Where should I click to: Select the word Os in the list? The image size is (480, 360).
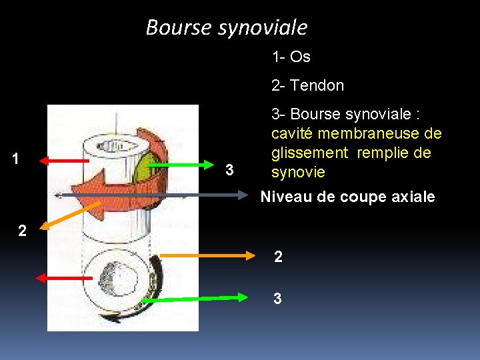(301, 57)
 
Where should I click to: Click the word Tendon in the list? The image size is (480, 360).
(317, 86)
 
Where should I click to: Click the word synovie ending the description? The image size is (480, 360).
(297, 173)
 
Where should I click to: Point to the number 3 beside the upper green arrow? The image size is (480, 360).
(229, 170)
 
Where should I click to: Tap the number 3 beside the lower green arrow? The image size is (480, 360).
(277, 299)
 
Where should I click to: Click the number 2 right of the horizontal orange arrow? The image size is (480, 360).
(277, 256)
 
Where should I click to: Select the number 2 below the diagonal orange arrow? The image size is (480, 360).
(23, 231)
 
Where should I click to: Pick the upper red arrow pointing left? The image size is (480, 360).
(64, 161)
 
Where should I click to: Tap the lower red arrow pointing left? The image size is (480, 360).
(64, 277)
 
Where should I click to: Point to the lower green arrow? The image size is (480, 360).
(199, 299)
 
